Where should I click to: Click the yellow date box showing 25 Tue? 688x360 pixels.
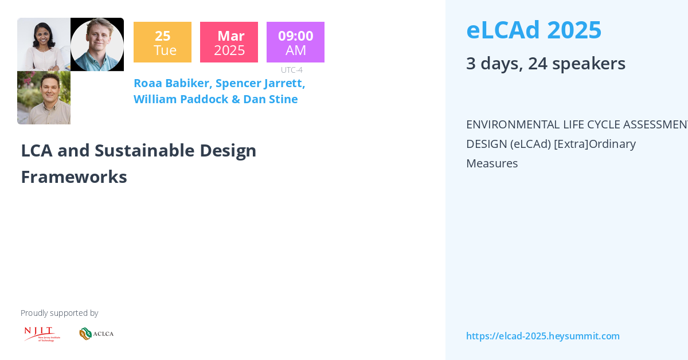162,42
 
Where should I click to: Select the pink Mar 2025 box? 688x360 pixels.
229,42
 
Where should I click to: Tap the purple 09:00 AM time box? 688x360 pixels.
295,42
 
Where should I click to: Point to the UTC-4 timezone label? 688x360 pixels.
291,70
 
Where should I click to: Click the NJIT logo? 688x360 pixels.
41,334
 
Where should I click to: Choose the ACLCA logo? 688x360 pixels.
96,334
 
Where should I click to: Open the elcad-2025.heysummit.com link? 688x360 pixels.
542,336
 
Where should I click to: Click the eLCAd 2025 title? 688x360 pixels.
533,30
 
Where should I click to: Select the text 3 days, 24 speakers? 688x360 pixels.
545,63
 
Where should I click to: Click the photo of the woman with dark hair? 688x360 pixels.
44,44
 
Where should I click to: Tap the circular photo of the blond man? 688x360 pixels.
97,44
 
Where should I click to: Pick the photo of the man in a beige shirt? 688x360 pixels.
44,97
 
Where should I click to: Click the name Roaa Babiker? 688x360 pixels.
172,83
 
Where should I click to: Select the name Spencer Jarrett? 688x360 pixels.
260,83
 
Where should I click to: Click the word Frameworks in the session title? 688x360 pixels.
74,177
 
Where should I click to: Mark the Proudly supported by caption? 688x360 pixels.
59,313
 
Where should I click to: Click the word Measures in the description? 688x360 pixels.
492,163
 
